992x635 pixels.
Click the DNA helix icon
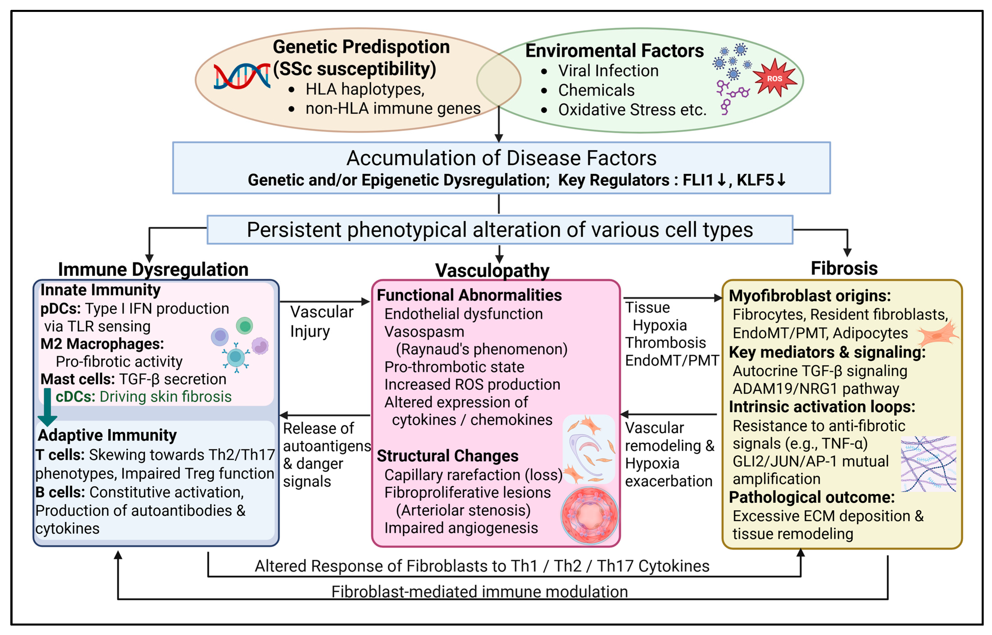[x=242, y=76]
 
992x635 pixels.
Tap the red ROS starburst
[x=774, y=78]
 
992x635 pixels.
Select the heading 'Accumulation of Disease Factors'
[x=501, y=158]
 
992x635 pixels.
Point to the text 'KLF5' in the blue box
[x=755, y=180]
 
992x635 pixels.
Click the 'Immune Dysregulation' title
[x=153, y=269]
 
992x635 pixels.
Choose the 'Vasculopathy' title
[x=492, y=271]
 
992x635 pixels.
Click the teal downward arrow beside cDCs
[x=47, y=406]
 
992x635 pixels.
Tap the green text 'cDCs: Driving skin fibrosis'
[x=143, y=397]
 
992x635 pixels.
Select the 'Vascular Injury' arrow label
[x=321, y=322]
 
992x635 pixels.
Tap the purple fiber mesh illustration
[x=928, y=464]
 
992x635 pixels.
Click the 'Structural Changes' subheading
[x=447, y=456]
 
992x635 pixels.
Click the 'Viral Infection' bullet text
[x=608, y=71]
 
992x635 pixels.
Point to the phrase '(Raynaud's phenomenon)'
[x=481, y=349]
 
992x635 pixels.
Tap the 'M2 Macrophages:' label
[x=102, y=344]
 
